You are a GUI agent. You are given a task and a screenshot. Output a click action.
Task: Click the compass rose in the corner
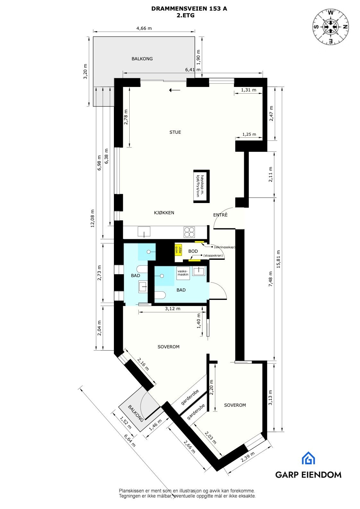coord(331,27)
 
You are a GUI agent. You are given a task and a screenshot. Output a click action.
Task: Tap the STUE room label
coord(175,132)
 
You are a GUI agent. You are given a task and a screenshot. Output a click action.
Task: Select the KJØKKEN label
coord(164,213)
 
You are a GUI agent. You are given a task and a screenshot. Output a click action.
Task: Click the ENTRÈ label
coord(220,215)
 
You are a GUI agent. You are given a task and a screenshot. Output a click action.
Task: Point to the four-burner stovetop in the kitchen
coord(189,232)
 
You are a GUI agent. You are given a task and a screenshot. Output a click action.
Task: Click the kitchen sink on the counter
coord(144,231)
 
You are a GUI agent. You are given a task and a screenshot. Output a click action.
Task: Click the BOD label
coord(193,251)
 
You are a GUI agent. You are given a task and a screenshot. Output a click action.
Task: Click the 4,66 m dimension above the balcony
coord(144,28)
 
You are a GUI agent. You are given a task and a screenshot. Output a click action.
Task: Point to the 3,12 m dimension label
coord(173,309)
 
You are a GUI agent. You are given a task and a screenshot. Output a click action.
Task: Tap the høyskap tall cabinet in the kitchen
coord(201,186)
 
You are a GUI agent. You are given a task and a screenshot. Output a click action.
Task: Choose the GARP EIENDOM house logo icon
coord(308,458)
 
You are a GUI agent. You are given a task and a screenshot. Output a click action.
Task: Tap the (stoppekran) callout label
coord(213,255)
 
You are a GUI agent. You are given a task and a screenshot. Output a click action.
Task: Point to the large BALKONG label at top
coord(142,59)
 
